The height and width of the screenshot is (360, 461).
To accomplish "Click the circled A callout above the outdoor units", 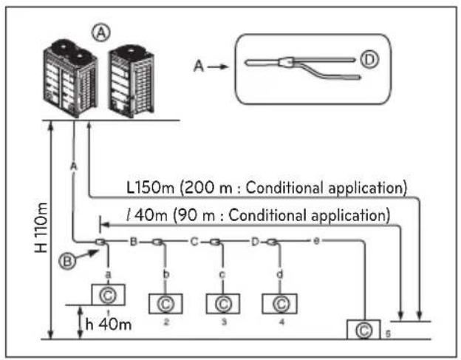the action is pos(101,33).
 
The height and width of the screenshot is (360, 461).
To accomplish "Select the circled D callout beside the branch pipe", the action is pos(369,60).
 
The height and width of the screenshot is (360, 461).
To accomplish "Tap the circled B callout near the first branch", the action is pos(67,261).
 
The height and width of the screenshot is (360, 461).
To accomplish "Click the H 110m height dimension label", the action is pos(41,228).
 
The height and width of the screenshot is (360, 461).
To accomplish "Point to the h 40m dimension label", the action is pos(109,325).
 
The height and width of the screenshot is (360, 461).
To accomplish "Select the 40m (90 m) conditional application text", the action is pos(258,215).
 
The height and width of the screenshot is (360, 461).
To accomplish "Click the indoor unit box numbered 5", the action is pos(363,330).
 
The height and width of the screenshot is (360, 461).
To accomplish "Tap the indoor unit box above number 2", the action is pos(165,304).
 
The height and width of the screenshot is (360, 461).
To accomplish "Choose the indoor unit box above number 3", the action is pos(223,304).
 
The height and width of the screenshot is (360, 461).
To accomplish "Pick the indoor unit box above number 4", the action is pos(279,304).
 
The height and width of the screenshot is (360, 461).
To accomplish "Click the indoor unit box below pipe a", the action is pos(108,295).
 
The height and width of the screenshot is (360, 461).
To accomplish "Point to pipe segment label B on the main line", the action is pos(134,242).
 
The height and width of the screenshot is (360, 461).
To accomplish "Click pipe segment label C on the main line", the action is pos(194,242).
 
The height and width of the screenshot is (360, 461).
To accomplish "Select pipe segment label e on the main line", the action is pos(316,241).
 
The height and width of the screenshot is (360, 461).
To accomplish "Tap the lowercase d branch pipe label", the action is pos(280,274).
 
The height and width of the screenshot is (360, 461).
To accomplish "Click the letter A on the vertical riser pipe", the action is pos(74,166).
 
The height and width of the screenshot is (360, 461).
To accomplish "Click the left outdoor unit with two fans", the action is pos(71,78).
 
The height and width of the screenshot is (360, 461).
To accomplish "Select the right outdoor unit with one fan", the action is pos(132,81).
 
